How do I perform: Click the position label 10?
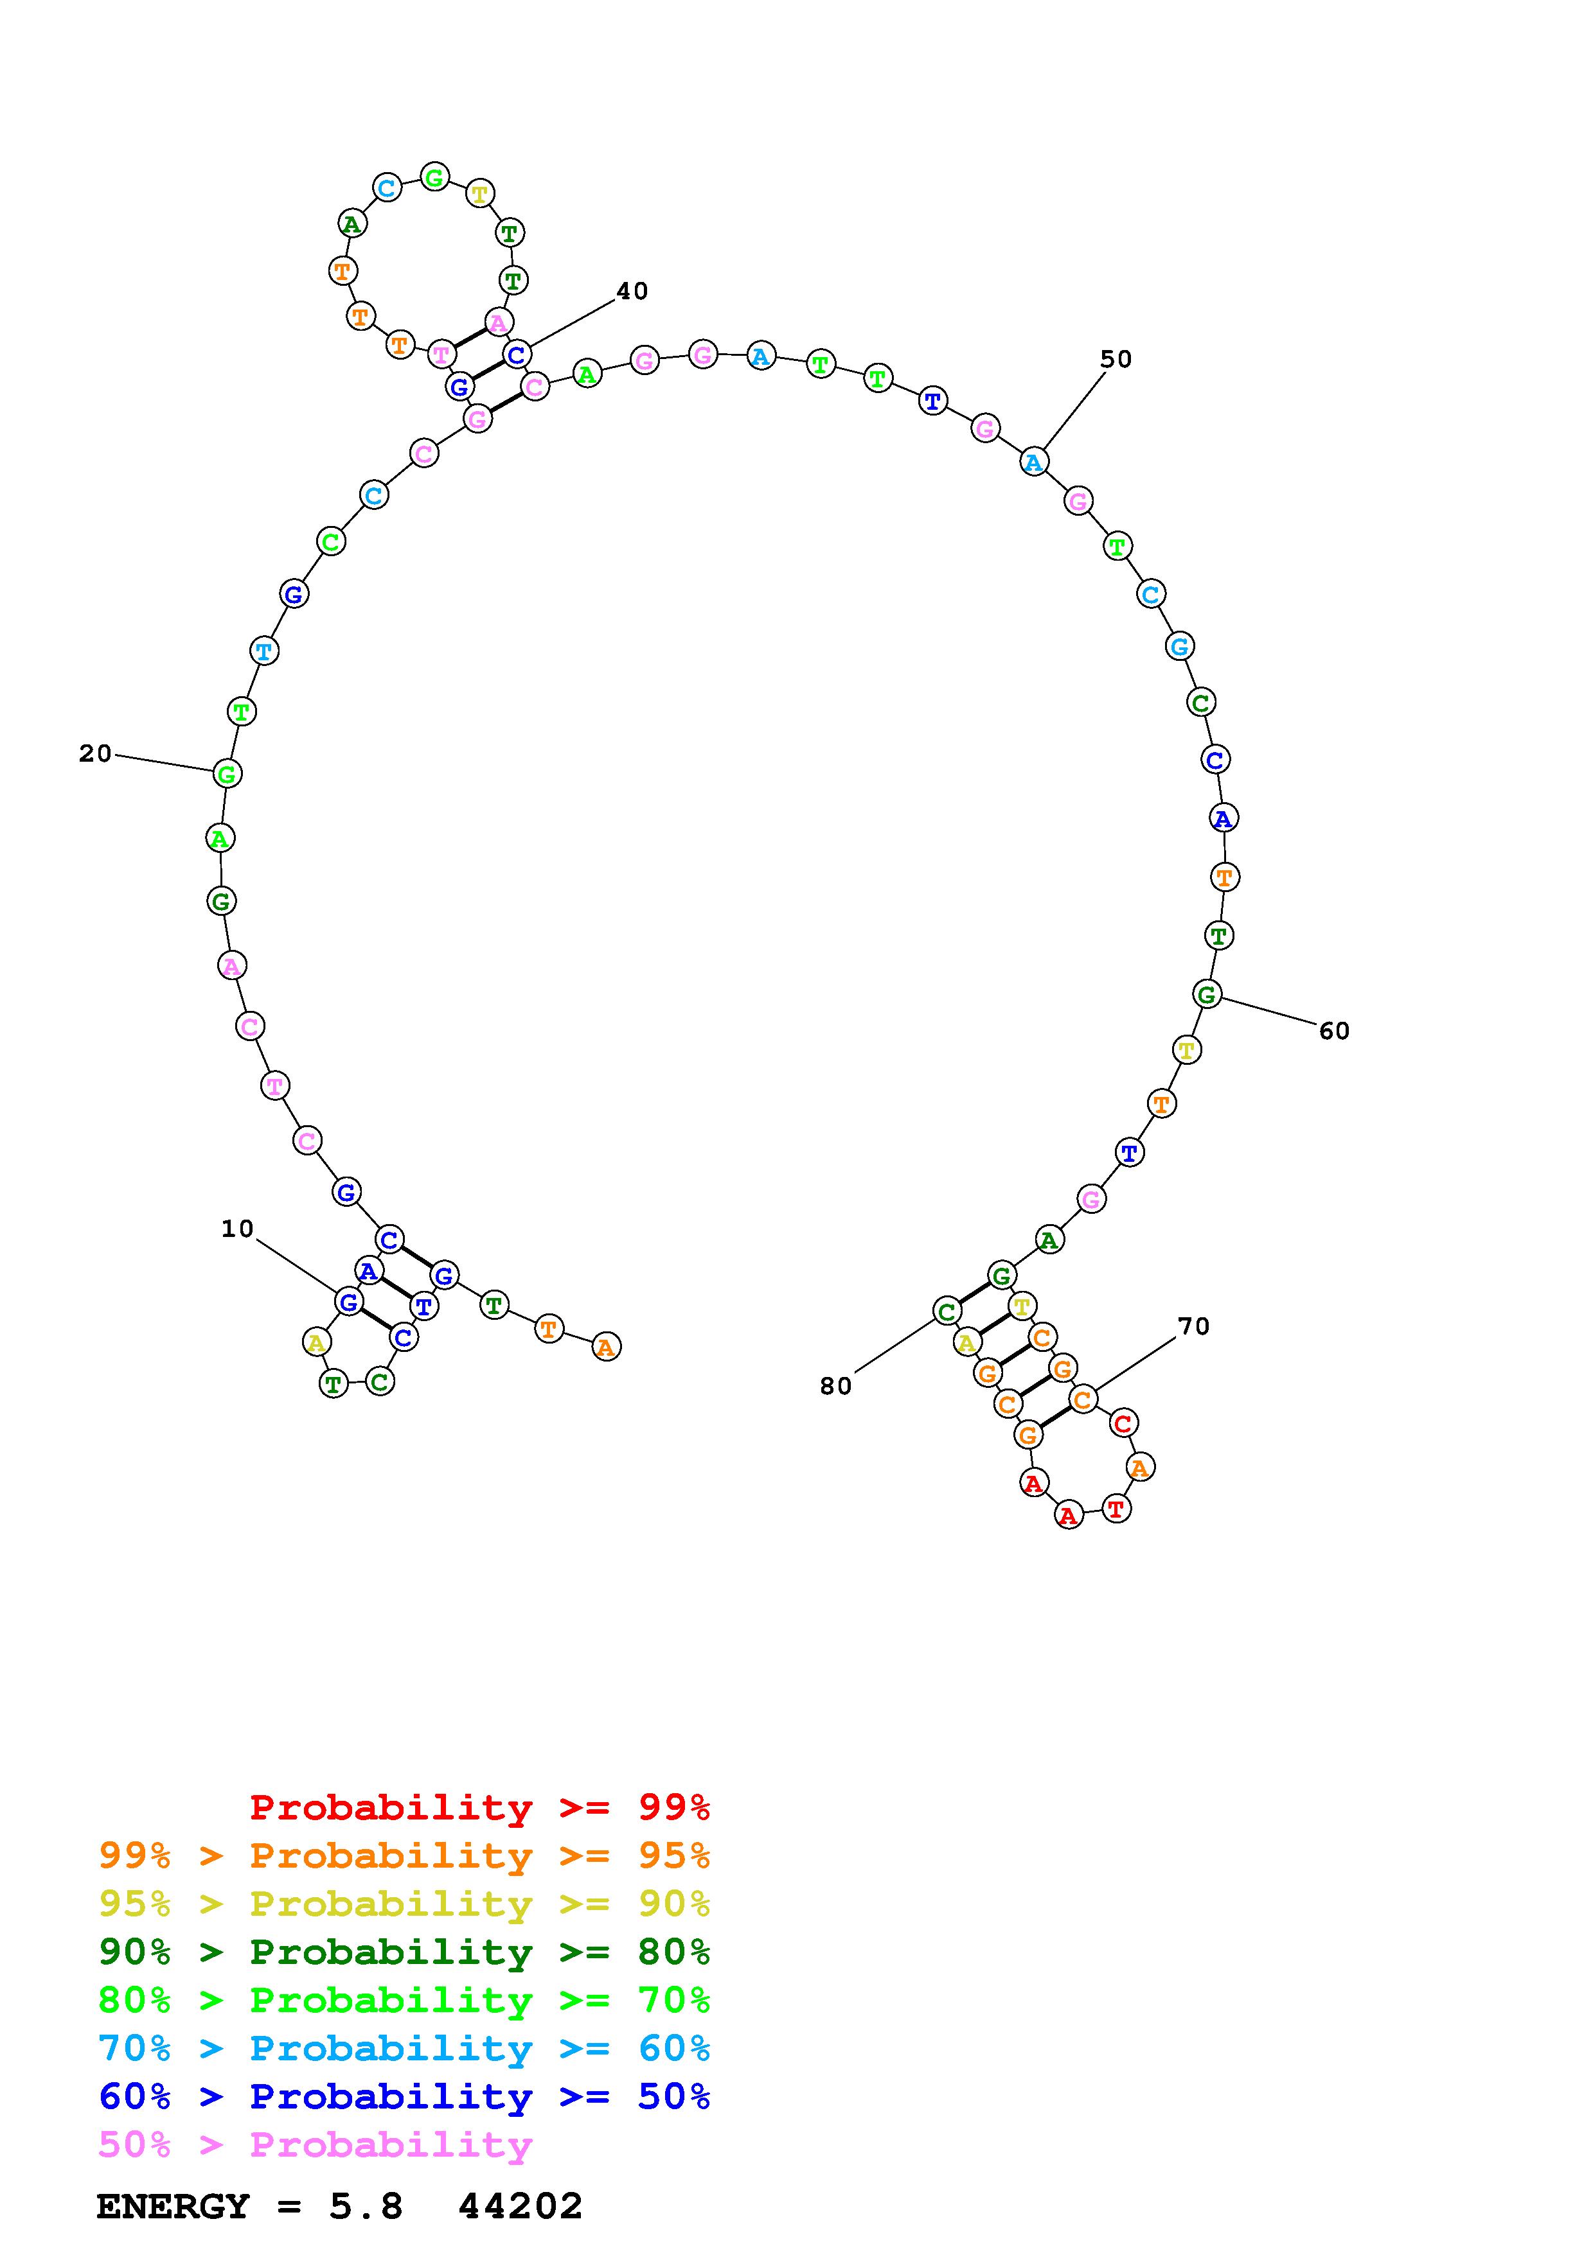click(238, 1229)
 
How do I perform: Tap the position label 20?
click(95, 753)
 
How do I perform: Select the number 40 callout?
click(632, 290)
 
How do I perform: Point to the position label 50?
click(1116, 359)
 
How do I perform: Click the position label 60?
click(1334, 1030)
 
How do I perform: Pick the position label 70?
click(1193, 1326)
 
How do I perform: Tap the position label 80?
click(835, 1385)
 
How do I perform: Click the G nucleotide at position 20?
click(227, 773)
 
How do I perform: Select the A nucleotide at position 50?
click(1033, 461)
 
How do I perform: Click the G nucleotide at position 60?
click(1206, 994)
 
